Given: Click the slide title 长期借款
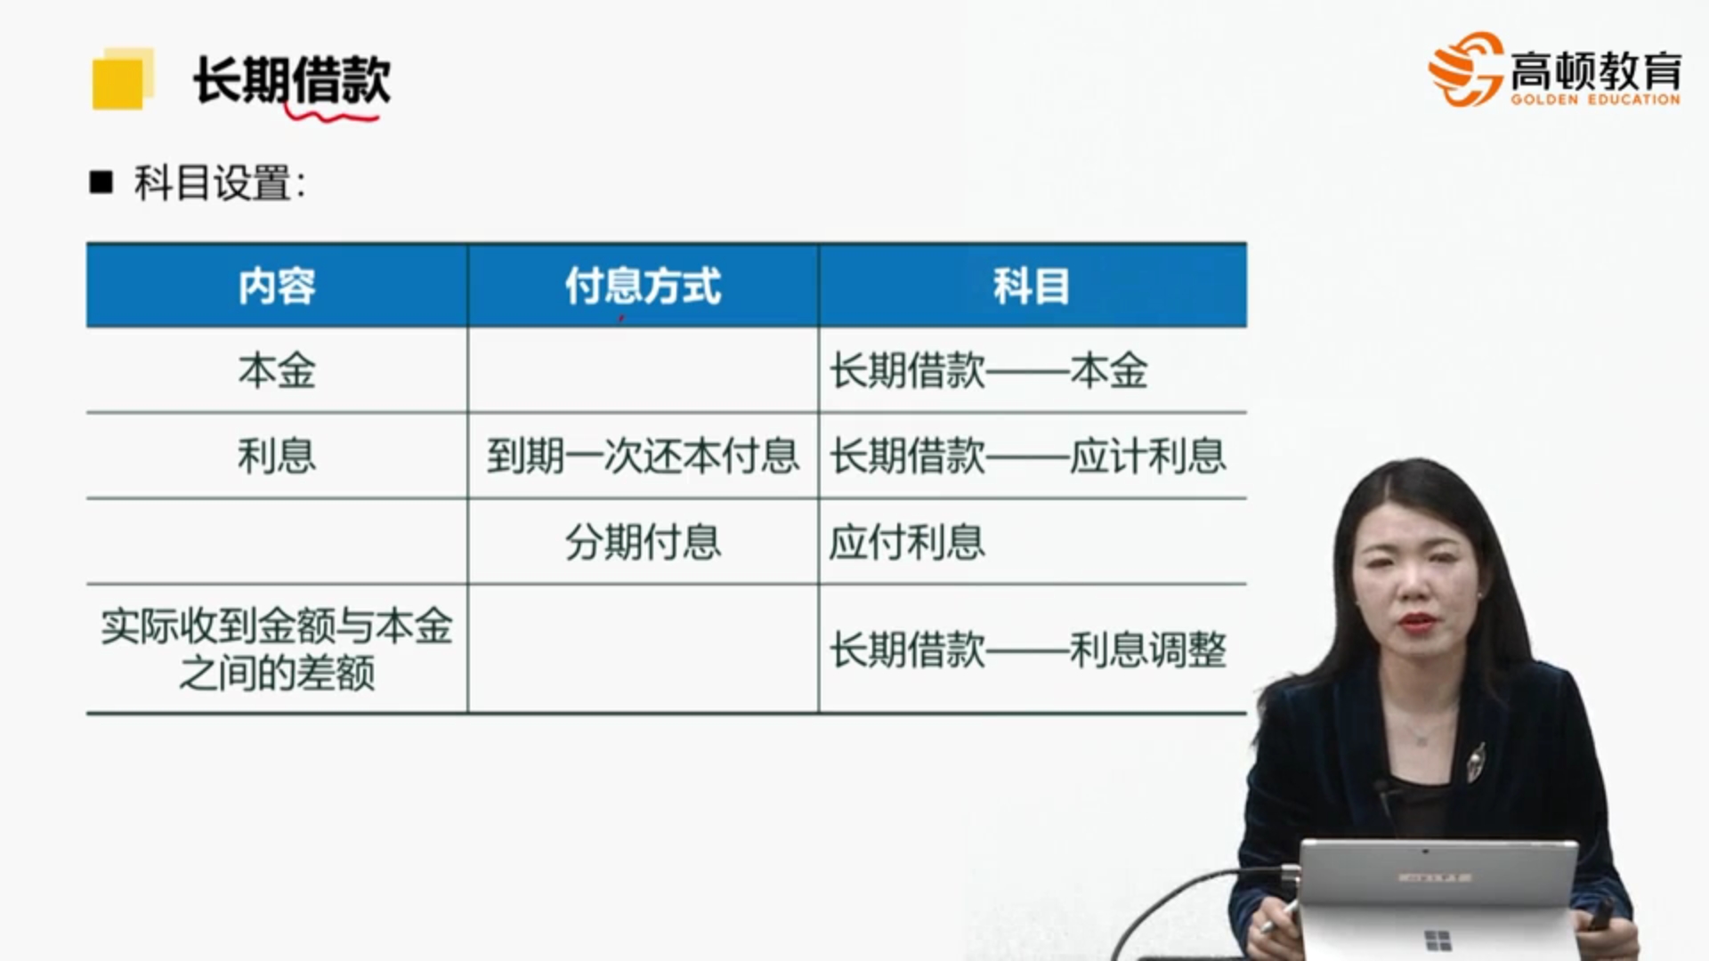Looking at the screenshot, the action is pyautogui.click(x=292, y=80).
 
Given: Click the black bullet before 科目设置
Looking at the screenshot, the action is pyautogui.click(x=101, y=182).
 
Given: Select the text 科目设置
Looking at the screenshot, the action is pyautogui.click(x=214, y=183).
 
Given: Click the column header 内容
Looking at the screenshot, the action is pyautogui.click(x=277, y=287).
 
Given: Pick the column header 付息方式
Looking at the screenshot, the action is pyautogui.click(x=643, y=287).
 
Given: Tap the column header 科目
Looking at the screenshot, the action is pyautogui.click(x=1032, y=287).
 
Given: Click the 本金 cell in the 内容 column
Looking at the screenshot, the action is pyautogui.click(x=277, y=370).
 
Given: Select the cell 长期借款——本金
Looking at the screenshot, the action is pyautogui.click(x=988, y=370).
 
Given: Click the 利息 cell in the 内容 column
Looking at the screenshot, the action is pyautogui.click(x=277, y=456).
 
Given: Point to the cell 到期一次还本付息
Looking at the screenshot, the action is pyautogui.click(x=643, y=456).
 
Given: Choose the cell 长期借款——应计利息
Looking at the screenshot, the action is pyautogui.click(x=1028, y=456).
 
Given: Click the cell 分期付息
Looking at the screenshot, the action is pyautogui.click(x=643, y=541).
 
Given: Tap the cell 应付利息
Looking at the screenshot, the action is pyautogui.click(x=907, y=541).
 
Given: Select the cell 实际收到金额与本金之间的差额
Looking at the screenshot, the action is pyautogui.click(x=277, y=650).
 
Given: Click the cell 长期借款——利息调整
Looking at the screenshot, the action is pyautogui.click(x=1028, y=650).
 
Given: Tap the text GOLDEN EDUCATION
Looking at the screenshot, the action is pyautogui.click(x=1595, y=100).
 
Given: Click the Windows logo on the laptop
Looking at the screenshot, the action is pyautogui.click(x=1438, y=940).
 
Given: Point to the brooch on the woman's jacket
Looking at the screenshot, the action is pyautogui.click(x=1477, y=761).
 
